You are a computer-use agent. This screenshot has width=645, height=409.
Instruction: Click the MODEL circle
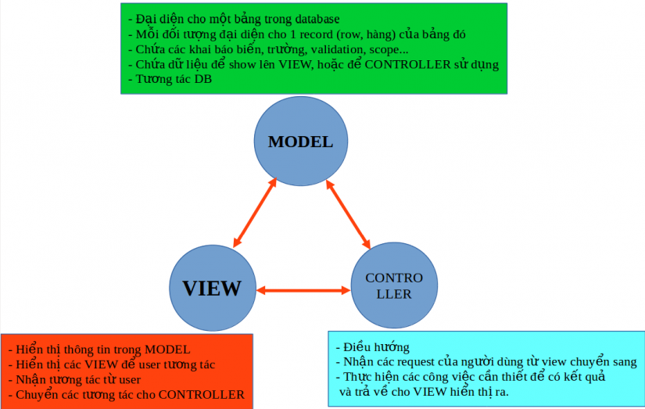300,142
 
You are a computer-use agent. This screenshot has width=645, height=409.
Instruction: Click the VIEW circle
212,287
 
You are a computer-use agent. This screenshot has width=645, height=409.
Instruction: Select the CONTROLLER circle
393,286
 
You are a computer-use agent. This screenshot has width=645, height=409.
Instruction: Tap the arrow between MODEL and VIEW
256,213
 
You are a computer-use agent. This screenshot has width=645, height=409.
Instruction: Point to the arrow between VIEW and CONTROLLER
303,290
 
